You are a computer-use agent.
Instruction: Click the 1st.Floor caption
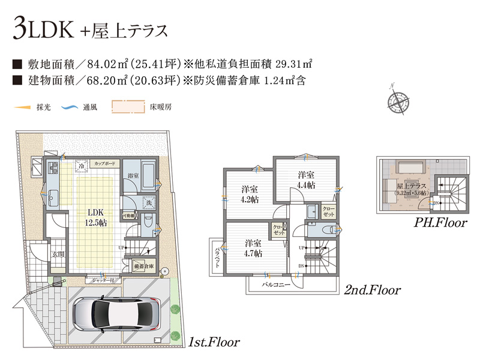click(x=214, y=343)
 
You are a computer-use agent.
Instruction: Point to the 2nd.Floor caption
click(x=372, y=290)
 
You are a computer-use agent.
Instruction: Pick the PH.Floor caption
click(x=440, y=224)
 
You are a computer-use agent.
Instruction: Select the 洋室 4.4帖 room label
click(x=306, y=180)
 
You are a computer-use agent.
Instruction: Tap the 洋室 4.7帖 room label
click(x=253, y=248)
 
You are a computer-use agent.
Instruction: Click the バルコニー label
click(x=277, y=284)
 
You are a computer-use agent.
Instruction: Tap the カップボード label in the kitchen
click(x=106, y=163)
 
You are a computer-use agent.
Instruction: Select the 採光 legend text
click(x=43, y=108)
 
